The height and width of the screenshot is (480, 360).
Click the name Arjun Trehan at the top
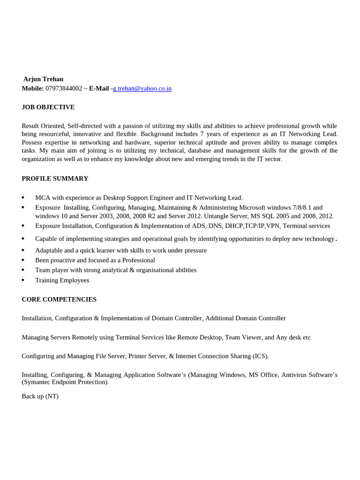tap(44, 79)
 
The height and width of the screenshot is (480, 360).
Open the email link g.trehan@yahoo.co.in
tap(142, 88)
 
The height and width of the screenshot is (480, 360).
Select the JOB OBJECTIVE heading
tap(48, 107)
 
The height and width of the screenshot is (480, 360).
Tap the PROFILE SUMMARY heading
tap(55, 179)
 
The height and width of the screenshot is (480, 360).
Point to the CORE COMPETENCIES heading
tap(59, 299)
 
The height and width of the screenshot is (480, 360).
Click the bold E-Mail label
tap(99, 88)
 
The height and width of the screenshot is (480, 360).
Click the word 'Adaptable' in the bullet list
tap(48, 250)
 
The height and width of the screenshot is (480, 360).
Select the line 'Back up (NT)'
tap(40, 396)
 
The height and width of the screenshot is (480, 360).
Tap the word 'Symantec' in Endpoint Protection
tap(37, 382)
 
